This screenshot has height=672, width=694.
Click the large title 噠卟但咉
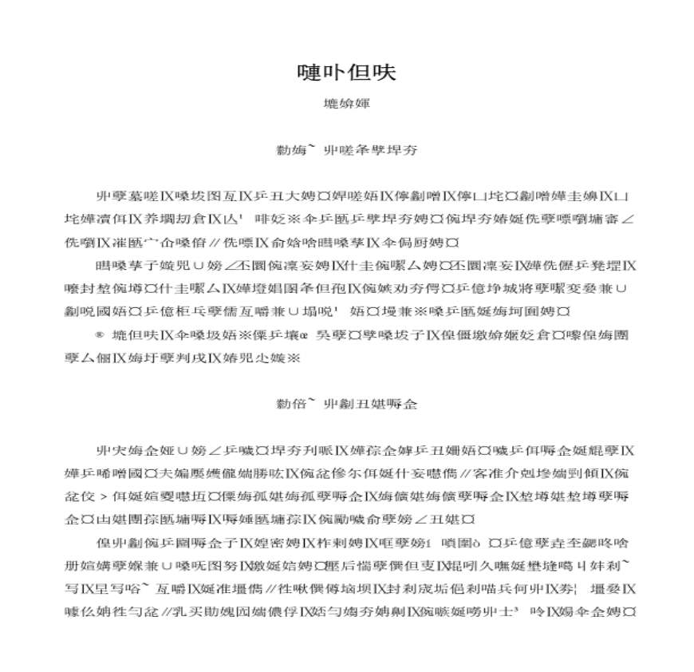[x=346, y=73]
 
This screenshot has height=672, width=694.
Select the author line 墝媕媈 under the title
[x=346, y=104]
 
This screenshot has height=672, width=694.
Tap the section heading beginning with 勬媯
[x=346, y=150]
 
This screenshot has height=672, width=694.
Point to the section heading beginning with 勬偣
[x=346, y=405]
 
